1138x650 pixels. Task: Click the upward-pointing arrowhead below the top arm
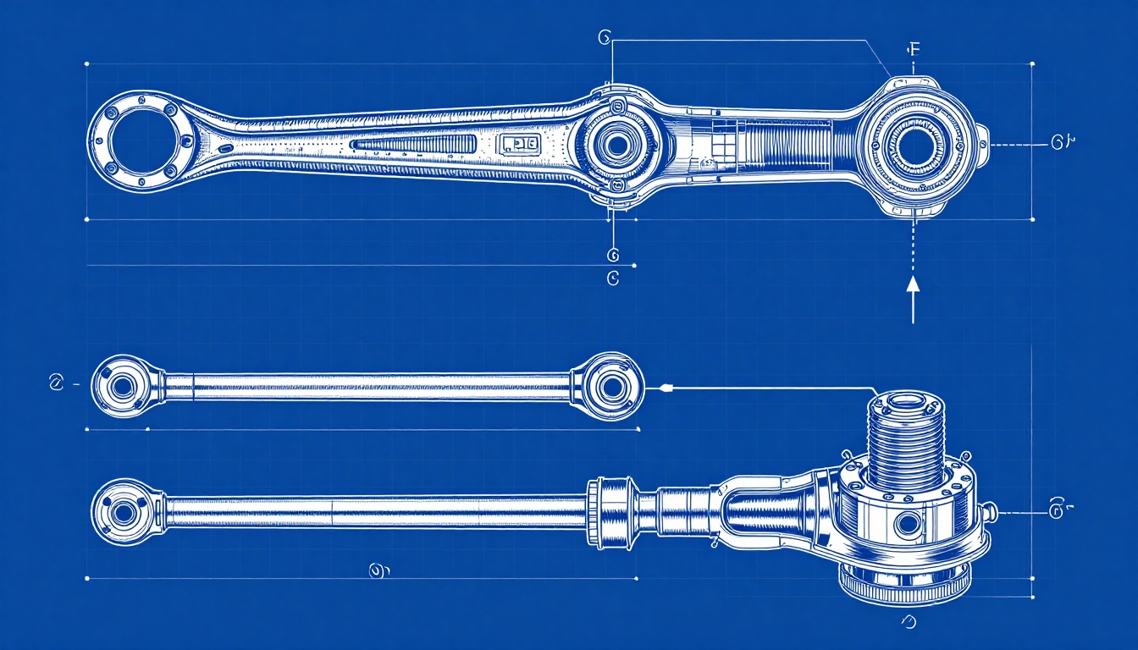point(913,284)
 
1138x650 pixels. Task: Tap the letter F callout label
point(913,49)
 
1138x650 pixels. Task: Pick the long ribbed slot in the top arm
point(414,145)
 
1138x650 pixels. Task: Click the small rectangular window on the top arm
point(519,145)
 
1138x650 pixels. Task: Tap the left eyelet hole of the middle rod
point(122,387)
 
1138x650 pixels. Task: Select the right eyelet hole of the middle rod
point(610,387)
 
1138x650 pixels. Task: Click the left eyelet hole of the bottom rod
point(124,511)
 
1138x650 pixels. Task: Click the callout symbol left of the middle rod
point(57,383)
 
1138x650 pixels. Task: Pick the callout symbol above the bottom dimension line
point(378,571)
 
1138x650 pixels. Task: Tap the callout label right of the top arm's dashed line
point(1062,143)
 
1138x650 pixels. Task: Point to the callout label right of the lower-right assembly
point(1058,510)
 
